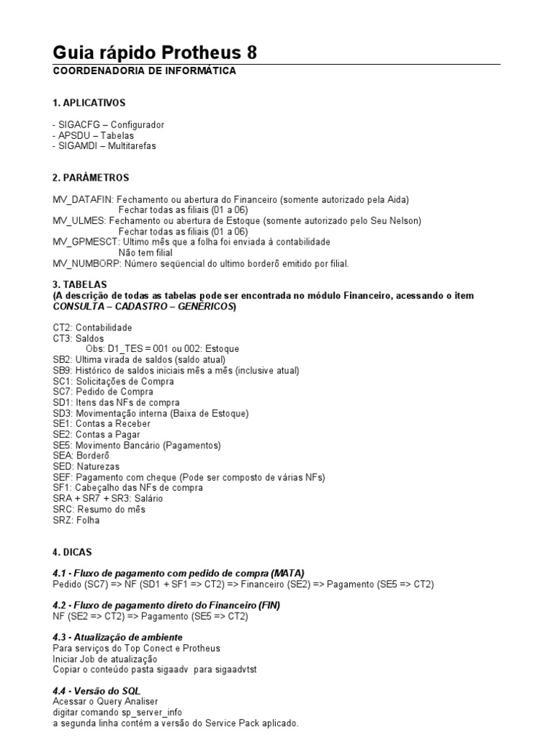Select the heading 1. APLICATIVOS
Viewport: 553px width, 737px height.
click(89, 103)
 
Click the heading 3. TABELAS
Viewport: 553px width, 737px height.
click(80, 284)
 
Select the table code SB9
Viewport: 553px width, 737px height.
click(62, 370)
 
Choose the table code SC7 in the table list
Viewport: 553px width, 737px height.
click(62, 392)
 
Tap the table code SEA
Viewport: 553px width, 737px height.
click(62, 456)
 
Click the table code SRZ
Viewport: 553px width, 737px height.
click(62, 520)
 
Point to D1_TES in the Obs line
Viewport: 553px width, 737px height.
click(125, 348)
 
